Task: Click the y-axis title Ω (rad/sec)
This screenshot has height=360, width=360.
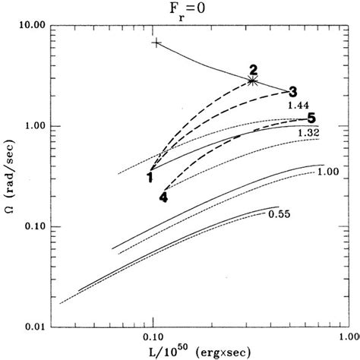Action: point(10,186)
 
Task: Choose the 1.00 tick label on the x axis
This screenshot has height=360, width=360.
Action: point(350,336)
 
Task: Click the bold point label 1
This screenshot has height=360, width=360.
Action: point(150,178)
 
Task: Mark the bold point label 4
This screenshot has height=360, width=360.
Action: point(163,197)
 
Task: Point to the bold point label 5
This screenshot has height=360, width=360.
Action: point(311,118)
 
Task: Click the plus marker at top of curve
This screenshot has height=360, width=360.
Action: point(156,43)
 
